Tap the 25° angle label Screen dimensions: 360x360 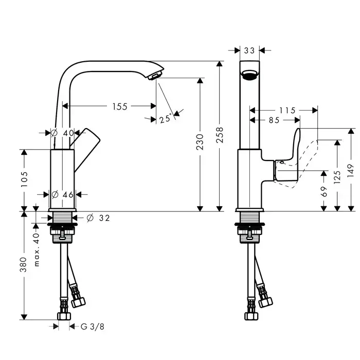coord(165,119)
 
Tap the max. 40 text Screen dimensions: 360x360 coord(37,241)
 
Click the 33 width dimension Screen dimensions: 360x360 coord(250,50)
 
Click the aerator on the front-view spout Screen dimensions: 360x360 coord(250,75)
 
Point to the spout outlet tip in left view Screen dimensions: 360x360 coord(154,77)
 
